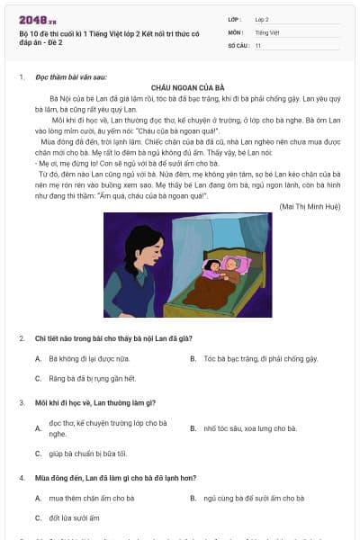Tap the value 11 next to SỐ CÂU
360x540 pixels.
tap(258, 44)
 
